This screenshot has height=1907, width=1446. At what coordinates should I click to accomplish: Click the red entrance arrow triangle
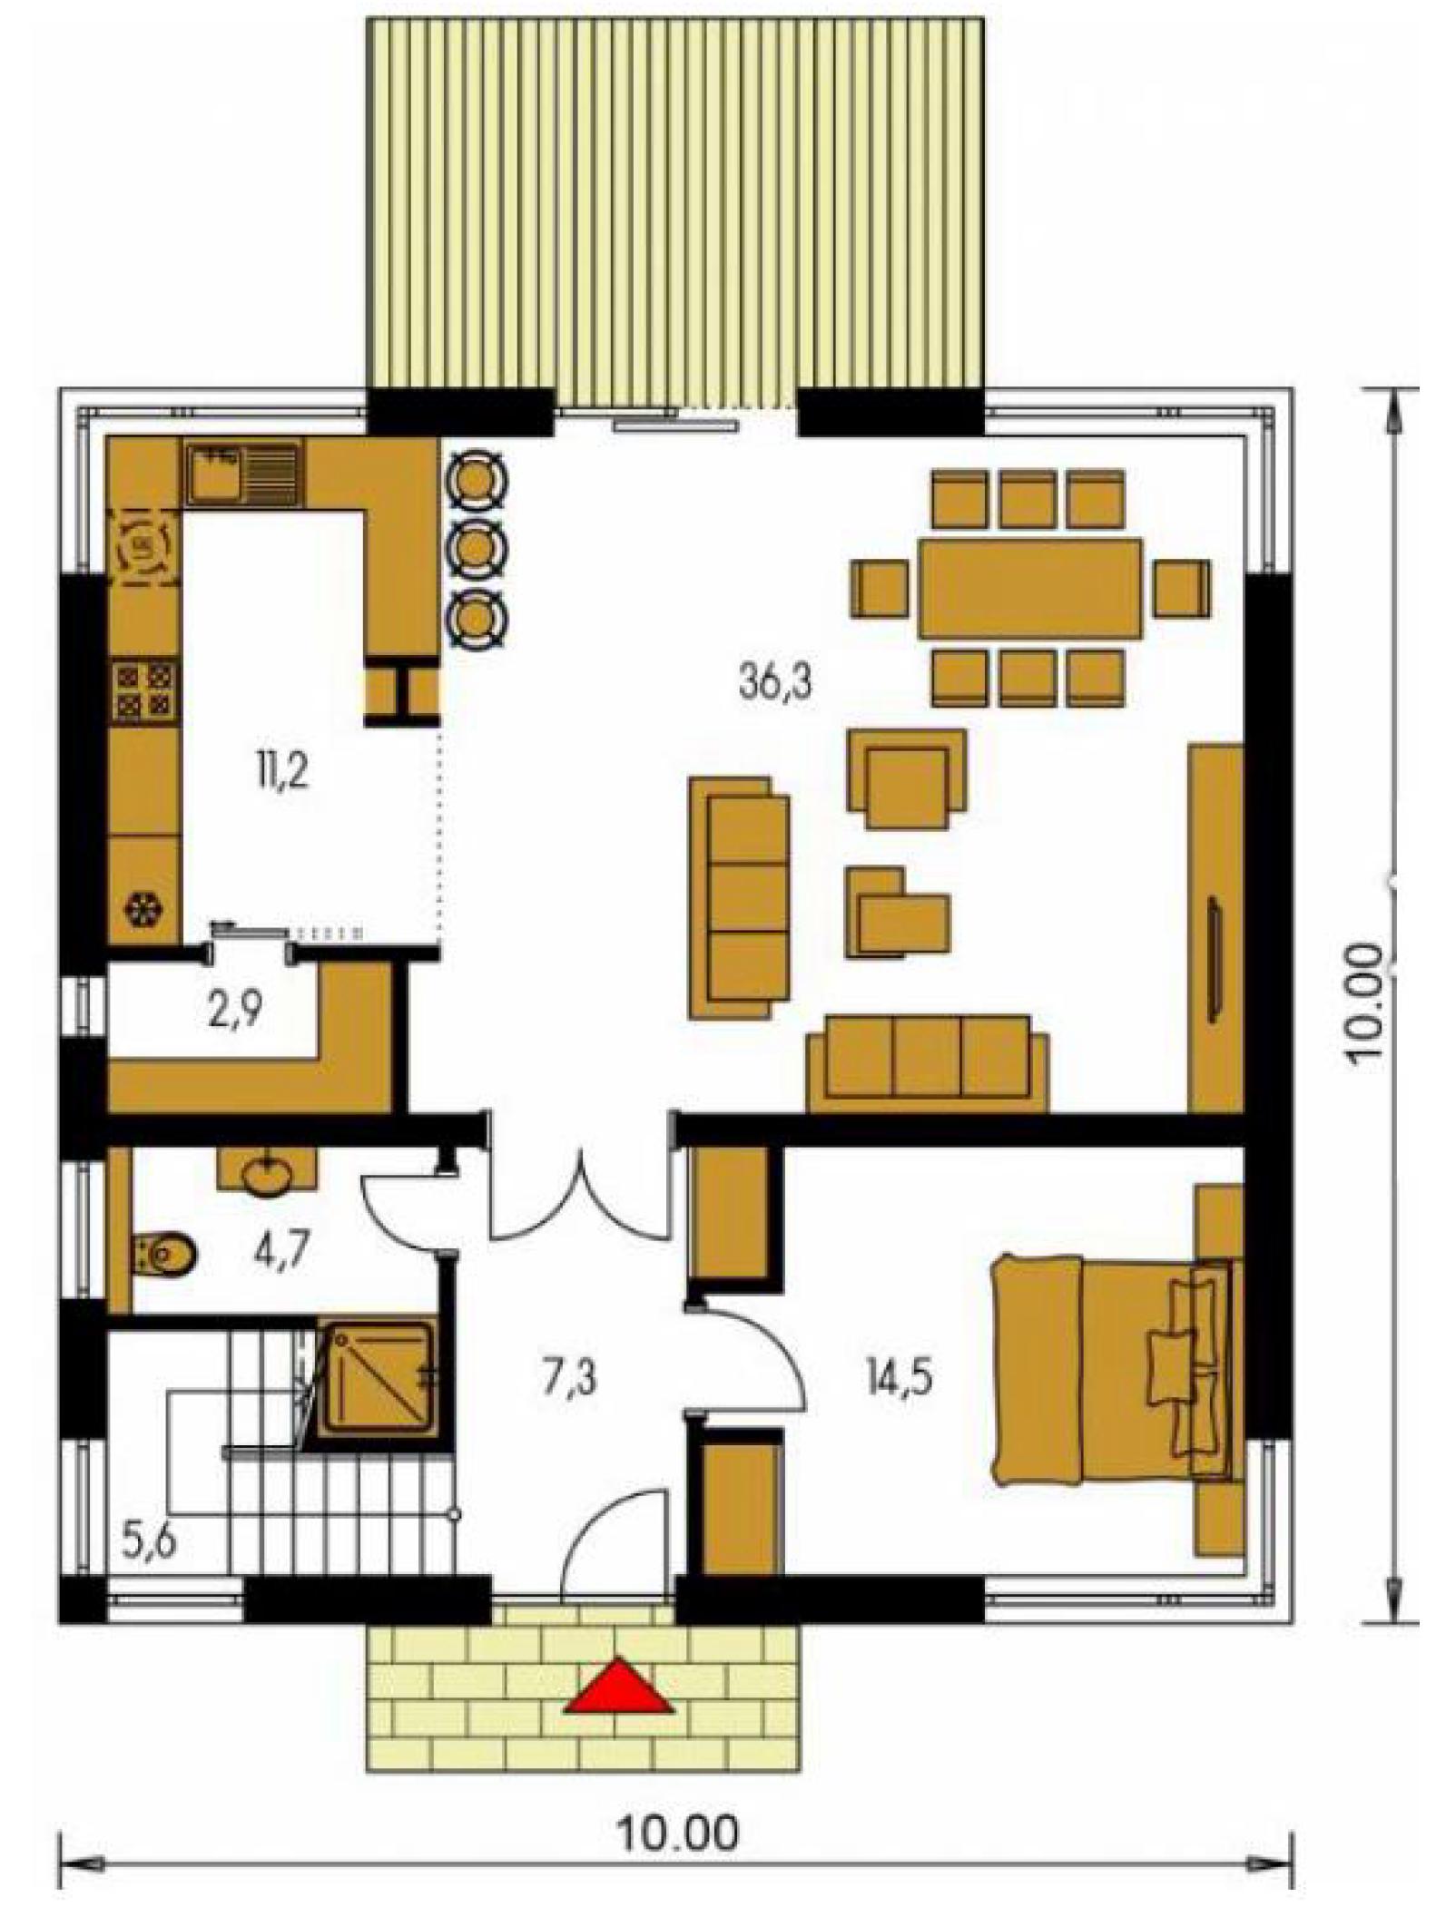620,1687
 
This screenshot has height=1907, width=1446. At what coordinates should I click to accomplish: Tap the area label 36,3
775,681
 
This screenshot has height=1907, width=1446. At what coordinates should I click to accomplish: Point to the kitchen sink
242,473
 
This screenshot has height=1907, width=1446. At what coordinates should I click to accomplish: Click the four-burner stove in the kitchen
144,690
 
